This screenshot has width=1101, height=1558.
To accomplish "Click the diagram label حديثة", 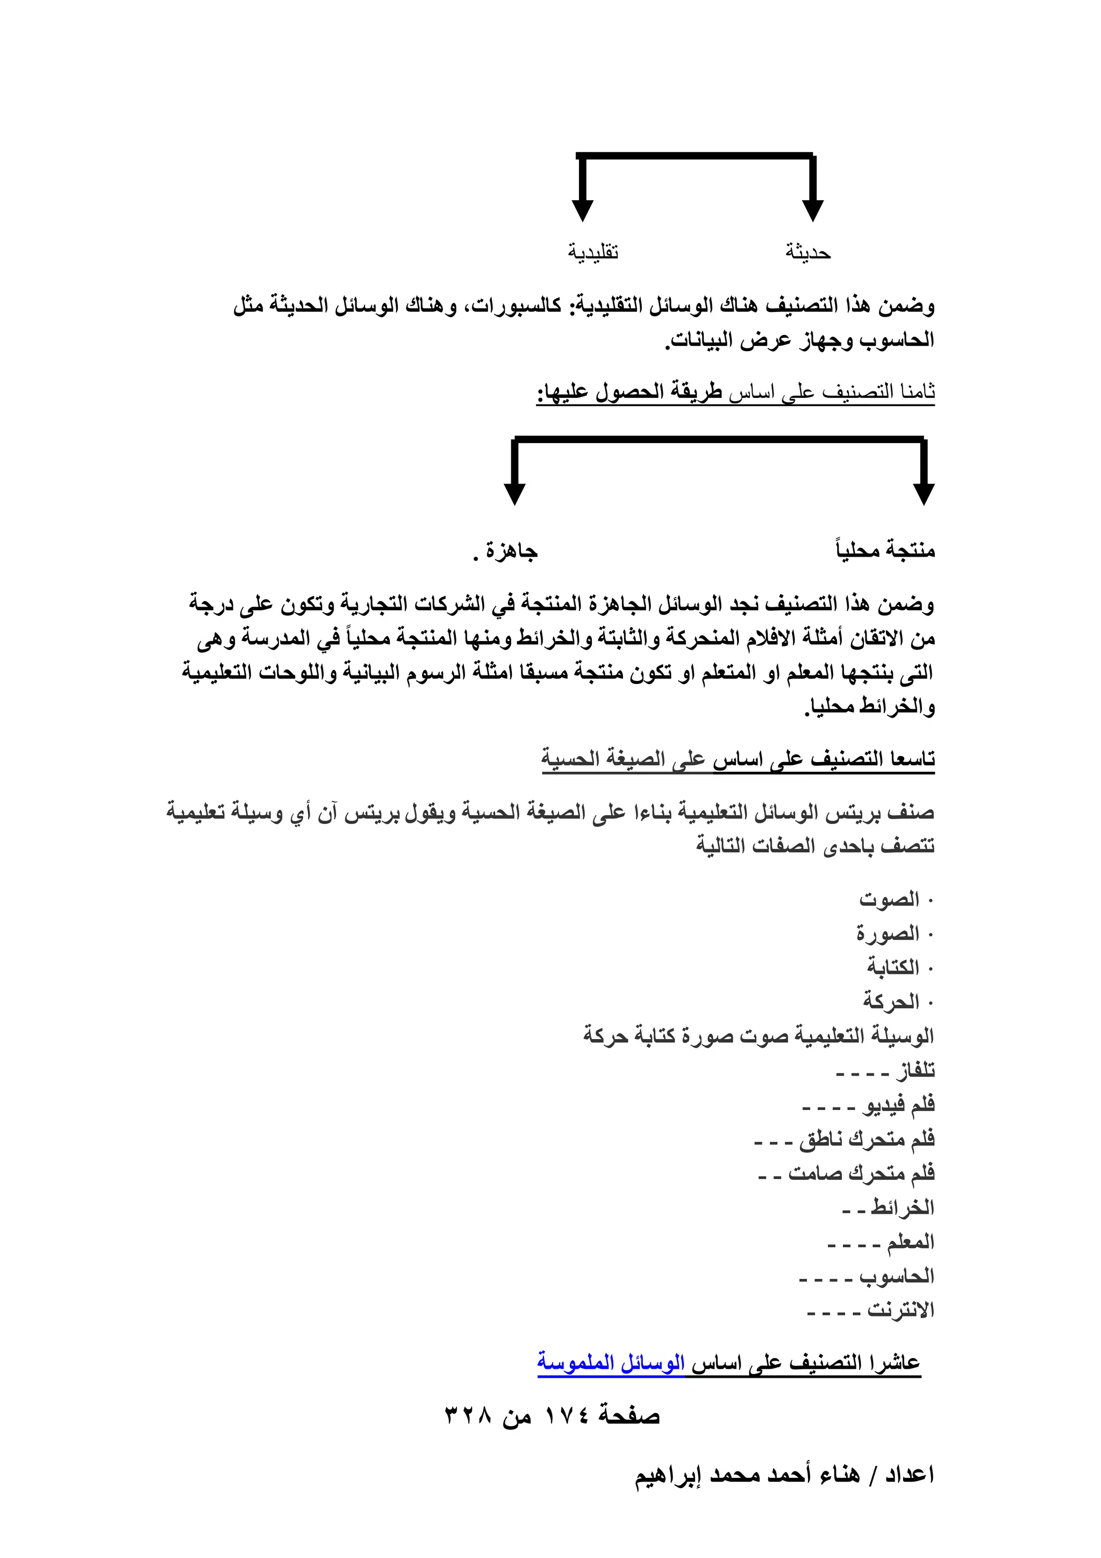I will tap(808, 252).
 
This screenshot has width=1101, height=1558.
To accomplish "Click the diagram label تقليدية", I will tap(593, 252).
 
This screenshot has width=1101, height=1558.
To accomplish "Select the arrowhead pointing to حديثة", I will tap(812, 210).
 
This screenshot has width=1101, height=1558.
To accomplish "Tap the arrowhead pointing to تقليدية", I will tap(582, 210).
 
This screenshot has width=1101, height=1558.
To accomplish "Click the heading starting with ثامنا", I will tap(735, 392).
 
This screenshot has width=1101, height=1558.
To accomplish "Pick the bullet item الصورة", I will tap(888, 934).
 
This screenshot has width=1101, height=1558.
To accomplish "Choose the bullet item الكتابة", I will tap(893, 967).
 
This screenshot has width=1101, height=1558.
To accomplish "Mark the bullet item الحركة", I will tap(891, 1001).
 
